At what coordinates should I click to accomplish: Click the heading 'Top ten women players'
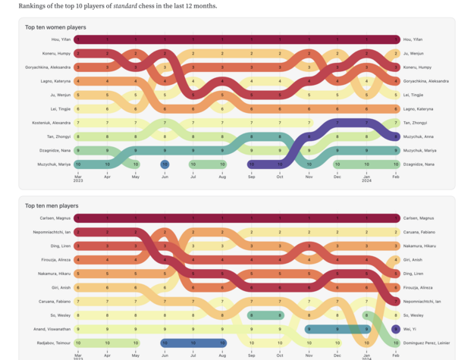click(x=55, y=27)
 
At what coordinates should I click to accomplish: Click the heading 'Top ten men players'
click(x=52, y=205)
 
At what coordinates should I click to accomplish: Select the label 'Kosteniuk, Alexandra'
click(x=52, y=123)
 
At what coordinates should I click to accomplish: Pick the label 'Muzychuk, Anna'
click(x=419, y=136)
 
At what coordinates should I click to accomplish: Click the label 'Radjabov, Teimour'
click(x=55, y=343)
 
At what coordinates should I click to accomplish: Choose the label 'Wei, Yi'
click(x=410, y=329)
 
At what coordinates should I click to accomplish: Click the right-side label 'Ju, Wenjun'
click(x=413, y=54)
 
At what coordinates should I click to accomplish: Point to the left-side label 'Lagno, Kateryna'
click(x=57, y=81)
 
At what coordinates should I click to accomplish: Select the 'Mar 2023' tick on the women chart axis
click(x=78, y=177)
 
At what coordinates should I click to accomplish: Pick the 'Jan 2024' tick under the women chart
click(x=366, y=177)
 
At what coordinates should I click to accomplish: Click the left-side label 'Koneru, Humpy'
click(x=58, y=54)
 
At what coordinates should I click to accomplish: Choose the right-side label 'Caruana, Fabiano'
click(x=419, y=232)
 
